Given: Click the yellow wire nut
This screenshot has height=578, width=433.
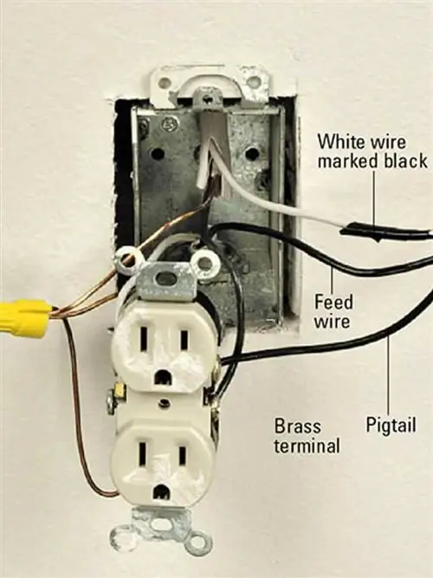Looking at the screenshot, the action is (x=24, y=318).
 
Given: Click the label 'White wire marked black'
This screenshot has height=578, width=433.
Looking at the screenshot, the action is (x=372, y=151).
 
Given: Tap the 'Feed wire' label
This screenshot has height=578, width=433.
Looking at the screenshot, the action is (x=333, y=311).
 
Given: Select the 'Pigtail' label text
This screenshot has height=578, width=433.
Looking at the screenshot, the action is (x=391, y=425).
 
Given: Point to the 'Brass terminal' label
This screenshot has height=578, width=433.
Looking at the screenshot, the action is (x=307, y=436).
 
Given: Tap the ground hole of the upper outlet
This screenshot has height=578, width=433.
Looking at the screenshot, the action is (x=163, y=378).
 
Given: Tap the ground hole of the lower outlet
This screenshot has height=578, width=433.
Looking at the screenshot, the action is (x=162, y=492).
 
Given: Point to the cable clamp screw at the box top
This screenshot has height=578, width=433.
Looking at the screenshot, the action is (x=209, y=99).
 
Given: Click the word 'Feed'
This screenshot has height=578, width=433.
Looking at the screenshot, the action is (x=333, y=302).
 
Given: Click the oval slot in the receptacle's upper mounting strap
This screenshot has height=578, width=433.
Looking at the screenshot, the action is (x=167, y=279).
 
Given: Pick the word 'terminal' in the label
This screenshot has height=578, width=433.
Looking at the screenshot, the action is (x=307, y=445).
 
